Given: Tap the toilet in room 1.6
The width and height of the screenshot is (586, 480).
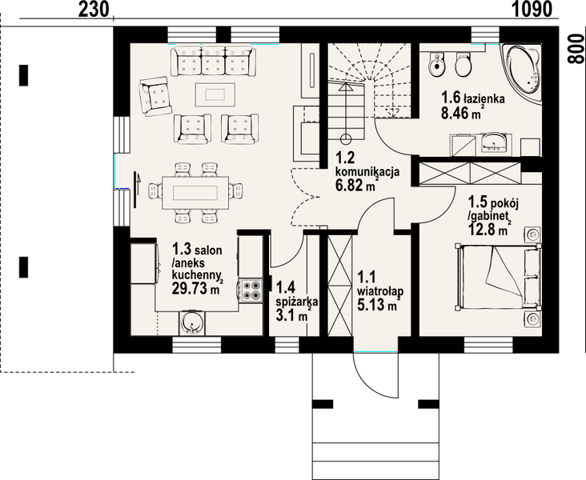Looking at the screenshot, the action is [x=463, y=64].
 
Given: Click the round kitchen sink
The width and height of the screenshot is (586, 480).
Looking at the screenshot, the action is [x=191, y=322].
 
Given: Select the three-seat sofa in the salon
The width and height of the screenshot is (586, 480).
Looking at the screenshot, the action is [x=213, y=62].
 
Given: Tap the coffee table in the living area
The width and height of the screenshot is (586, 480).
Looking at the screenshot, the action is [x=215, y=94].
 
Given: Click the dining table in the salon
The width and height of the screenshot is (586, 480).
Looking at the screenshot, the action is [x=195, y=193].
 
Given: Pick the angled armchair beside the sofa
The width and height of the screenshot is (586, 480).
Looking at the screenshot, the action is [x=155, y=96].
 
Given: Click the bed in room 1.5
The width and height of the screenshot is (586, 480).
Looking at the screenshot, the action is [x=498, y=277].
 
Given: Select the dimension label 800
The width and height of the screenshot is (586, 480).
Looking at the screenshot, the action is [x=576, y=49].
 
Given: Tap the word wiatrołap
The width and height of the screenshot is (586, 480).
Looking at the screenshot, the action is [x=380, y=291].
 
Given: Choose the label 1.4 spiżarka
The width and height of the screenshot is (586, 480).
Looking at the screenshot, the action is [x=297, y=294].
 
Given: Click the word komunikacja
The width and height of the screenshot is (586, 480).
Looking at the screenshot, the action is [x=367, y=172].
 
